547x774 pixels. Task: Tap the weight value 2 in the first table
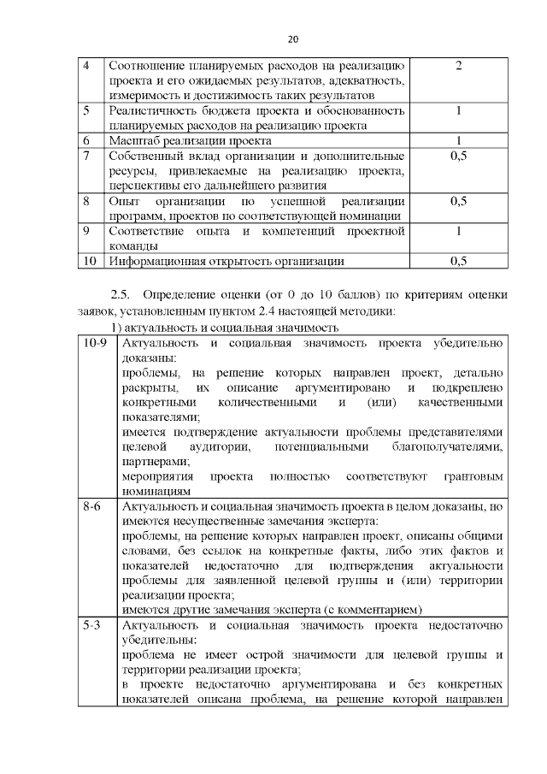[x=459, y=65]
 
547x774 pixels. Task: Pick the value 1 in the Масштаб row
[x=459, y=140]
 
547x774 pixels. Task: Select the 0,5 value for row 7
[x=459, y=156]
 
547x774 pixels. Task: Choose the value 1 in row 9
[x=459, y=231]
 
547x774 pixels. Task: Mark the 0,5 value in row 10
[x=459, y=261]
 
